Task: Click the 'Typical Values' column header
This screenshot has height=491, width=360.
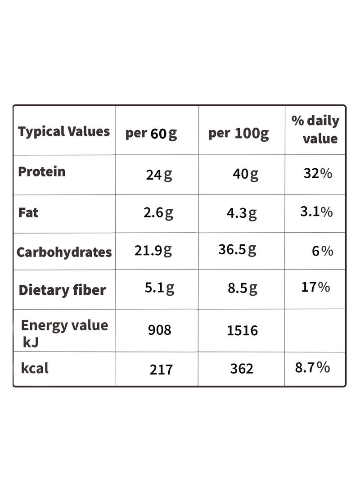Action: (x=64, y=131)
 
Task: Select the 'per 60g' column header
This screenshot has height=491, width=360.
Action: (x=151, y=134)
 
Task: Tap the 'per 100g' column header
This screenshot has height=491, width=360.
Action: (x=238, y=134)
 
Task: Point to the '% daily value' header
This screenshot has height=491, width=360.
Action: (x=315, y=129)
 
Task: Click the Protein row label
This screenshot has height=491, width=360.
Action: (x=42, y=171)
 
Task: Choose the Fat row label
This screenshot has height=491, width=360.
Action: (x=28, y=212)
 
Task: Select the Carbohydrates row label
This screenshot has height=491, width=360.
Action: (x=64, y=252)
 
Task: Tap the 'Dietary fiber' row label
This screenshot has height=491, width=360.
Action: (x=62, y=290)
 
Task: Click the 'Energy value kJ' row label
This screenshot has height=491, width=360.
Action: (x=64, y=333)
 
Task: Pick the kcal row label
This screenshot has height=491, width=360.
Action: (x=35, y=368)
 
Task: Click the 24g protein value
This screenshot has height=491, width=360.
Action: (x=159, y=175)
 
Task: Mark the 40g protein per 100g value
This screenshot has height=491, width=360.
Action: (x=246, y=174)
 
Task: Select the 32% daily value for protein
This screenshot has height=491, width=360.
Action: (x=318, y=173)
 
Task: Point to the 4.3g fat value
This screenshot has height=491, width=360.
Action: (x=242, y=213)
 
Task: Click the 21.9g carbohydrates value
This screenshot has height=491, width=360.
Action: (x=153, y=251)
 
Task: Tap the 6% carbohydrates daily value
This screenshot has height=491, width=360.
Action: (x=323, y=251)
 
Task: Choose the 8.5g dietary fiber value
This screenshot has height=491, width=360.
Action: (x=243, y=288)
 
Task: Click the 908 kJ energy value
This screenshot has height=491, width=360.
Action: (x=160, y=330)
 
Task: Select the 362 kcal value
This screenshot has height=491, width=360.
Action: (x=242, y=369)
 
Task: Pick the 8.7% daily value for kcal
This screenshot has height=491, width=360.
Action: (x=312, y=367)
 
